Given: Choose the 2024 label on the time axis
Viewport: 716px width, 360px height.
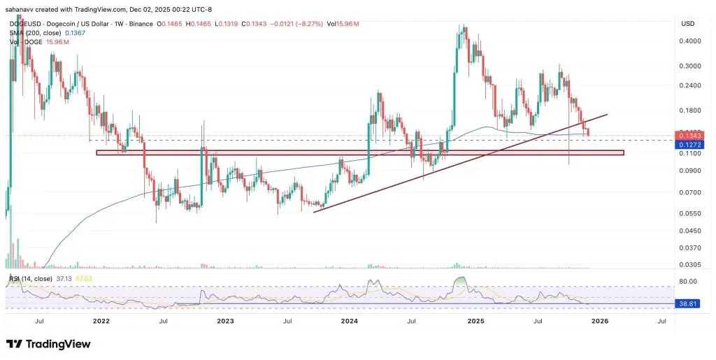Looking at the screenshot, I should pyautogui.click(x=350, y=321).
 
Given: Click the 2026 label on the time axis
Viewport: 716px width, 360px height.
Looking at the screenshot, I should pyautogui.click(x=599, y=321).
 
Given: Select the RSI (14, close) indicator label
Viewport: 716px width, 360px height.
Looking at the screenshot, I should pyautogui.click(x=30, y=279).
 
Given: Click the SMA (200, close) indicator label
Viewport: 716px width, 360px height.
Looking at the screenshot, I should pyautogui.click(x=35, y=33).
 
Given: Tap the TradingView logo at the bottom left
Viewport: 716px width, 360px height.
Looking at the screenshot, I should pyautogui.click(x=49, y=344).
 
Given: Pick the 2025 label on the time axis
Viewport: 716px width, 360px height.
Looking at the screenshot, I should pyautogui.click(x=475, y=321).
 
